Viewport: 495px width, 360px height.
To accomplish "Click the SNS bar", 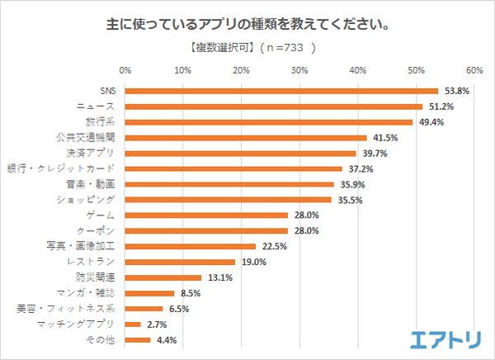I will coord(281,91).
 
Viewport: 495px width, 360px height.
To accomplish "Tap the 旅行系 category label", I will coord(102,122).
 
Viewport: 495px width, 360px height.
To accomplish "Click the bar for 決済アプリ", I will coord(241,153).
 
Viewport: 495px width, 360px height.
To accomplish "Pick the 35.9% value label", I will coord(351,184).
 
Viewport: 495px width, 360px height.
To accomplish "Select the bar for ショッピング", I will coord(229,200).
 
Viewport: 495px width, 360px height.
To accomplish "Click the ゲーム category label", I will coord(106,216).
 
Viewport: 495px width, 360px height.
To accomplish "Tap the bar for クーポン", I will coord(206,230).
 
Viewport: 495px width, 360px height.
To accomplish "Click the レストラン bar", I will coord(181,262).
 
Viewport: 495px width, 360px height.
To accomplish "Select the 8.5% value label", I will coord(189,293).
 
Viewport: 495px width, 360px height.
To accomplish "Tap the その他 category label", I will coord(104,339).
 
